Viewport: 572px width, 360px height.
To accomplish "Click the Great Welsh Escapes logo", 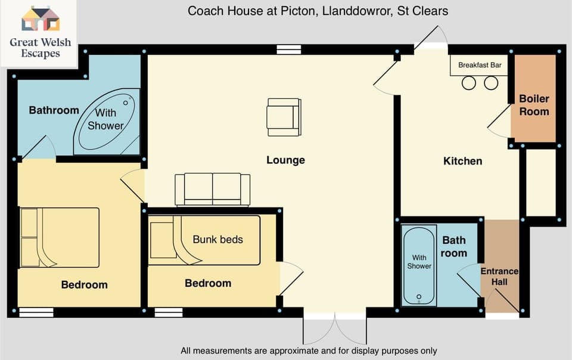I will click(40, 32).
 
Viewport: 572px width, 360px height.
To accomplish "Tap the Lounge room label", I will click(285, 160).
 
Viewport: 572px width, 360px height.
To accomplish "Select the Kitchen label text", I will click(462, 161).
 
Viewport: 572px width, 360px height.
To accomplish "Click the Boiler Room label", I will click(534, 105).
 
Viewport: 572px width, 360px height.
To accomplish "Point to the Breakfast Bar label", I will click(480, 65).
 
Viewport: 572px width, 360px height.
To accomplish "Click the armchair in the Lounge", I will click(283, 117).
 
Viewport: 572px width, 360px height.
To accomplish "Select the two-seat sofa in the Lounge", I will click(212, 189).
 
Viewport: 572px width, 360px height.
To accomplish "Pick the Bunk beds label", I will click(217, 240).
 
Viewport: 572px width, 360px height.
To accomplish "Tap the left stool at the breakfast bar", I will click(469, 83).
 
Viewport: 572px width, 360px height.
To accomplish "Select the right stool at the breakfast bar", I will click(490, 83).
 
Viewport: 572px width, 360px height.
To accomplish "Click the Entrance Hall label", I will click(499, 277).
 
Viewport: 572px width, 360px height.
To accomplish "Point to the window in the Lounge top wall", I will click(288, 51).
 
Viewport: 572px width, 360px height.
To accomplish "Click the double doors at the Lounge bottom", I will click(335, 327).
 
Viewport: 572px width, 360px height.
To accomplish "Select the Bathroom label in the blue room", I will click(54, 110).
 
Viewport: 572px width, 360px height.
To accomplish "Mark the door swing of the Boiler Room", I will click(498, 126).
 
